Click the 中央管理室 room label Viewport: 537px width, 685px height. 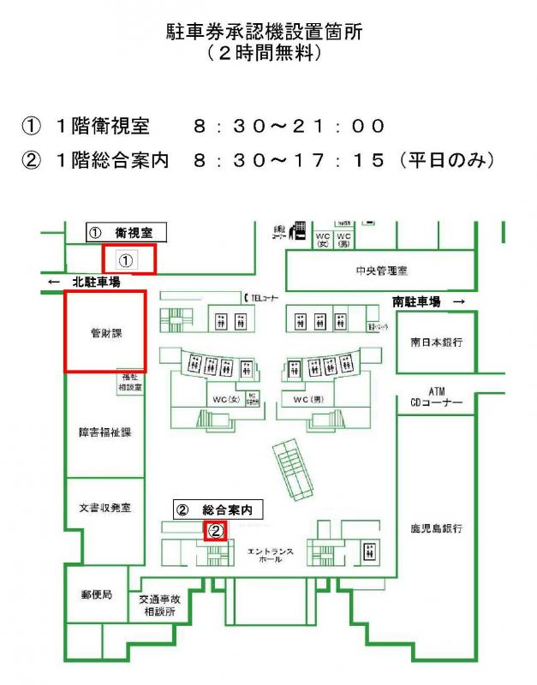pyautogui.click(x=381, y=271)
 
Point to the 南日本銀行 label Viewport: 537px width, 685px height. pyautogui.click(x=436, y=342)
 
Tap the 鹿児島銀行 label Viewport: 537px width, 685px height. pyautogui.click(x=436, y=529)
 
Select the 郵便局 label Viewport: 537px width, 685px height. pyautogui.click(x=96, y=593)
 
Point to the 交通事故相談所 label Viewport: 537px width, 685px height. pyautogui.click(x=158, y=606)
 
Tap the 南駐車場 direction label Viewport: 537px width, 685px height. pyautogui.click(x=417, y=301)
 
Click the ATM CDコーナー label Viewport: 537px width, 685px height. pyautogui.click(x=436, y=396)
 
